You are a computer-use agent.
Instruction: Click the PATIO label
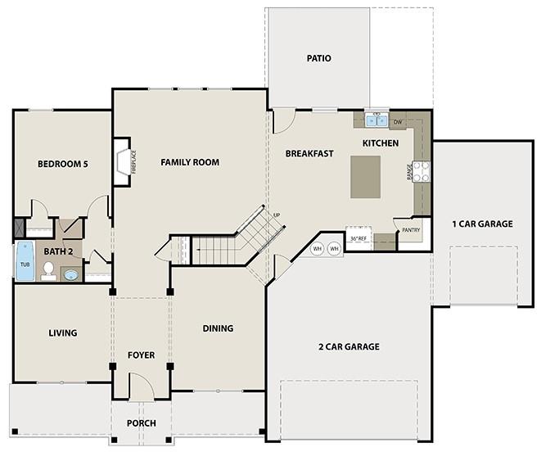tap(319, 58)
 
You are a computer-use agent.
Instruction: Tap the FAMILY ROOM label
tap(190, 162)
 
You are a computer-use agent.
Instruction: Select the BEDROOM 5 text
tap(63, 164)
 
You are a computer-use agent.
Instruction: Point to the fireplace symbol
tap(123, 162)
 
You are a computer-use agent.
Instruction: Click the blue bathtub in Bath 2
tap(25, 260)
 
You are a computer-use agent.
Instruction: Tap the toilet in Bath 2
tap(48, 271)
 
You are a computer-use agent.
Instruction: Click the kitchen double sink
tap(376, 120)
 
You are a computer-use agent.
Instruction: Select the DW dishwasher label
tap(398, 122)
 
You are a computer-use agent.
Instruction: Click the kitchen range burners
tap(422, 172)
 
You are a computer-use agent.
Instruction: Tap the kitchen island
tap(365, 177)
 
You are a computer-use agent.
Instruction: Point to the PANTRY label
tap(411, 230)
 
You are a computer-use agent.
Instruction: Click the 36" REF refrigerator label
tap(358, 238)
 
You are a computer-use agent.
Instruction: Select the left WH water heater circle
tap(318, 249)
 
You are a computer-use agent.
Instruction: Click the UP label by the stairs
tap(277, 215)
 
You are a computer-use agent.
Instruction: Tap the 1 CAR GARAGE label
tap(482, 224)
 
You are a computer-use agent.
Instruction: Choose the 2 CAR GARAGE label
tap(349, 346)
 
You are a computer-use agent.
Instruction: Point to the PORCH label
tap(141, 423)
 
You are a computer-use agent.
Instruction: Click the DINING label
tap(218, 328)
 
